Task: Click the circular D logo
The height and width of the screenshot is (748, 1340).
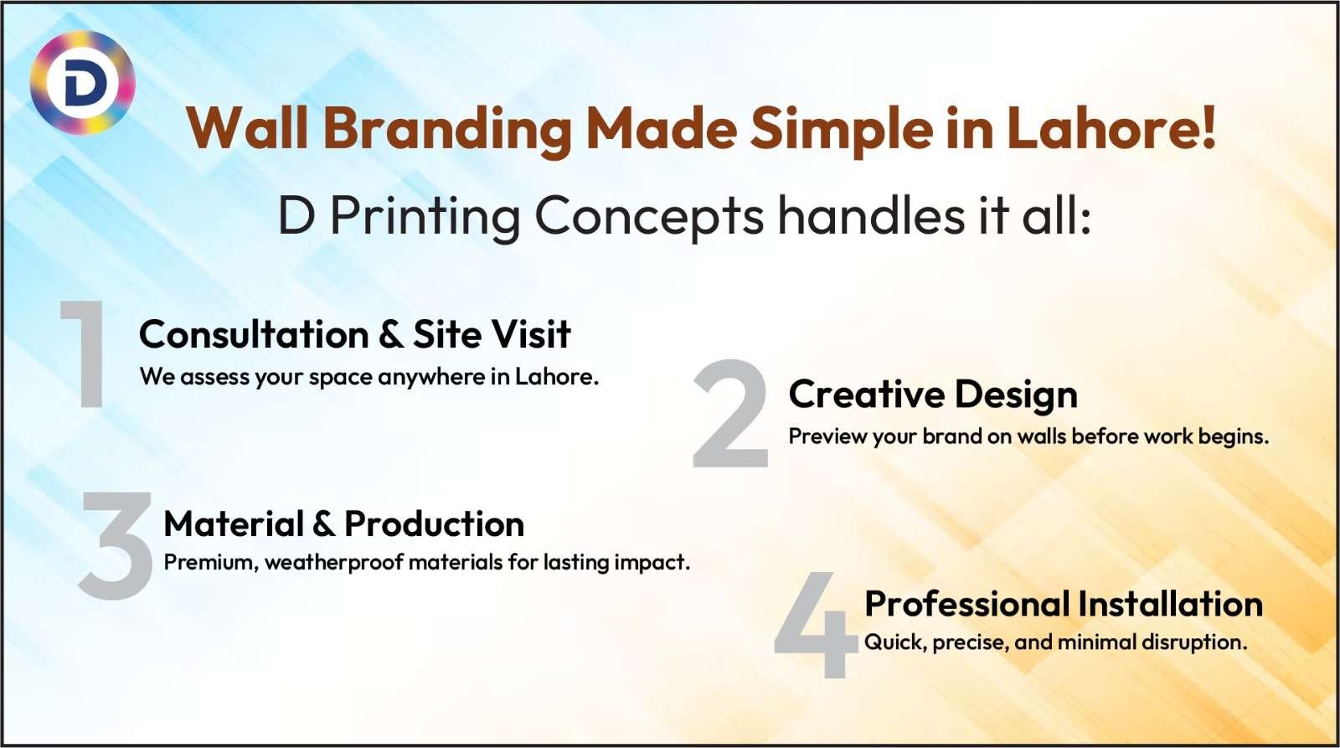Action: [x=82, y=83]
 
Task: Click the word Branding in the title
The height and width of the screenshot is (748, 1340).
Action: [x=447, y=129]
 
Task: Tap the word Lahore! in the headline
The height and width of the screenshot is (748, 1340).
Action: [x=1111, y=129]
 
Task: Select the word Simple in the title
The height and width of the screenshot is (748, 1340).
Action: [x=841, y=129]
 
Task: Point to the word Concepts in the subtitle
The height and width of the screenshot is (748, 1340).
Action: [x=649, y=216]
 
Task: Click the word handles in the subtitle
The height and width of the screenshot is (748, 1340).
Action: [x=871, y=216]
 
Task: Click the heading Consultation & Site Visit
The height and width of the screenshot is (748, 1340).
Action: [x=354, y=334]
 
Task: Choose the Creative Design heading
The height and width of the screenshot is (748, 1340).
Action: [x=933, y=395]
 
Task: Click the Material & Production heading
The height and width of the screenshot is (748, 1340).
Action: [x=343, y=524]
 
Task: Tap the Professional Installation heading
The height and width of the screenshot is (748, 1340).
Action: [x=1063, y=604]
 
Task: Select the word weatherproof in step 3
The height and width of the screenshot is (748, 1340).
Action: [x=334, y=562]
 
